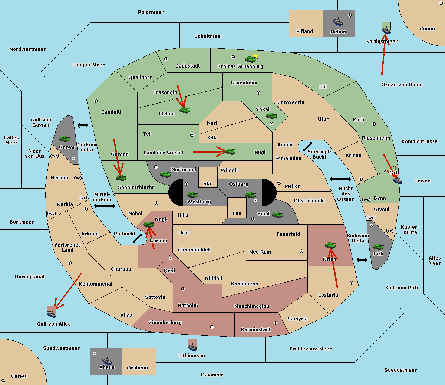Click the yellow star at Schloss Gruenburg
coord(256,56)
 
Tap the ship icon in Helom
coord(338,22)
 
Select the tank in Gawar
coord(65,138)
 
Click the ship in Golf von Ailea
coord(52,313)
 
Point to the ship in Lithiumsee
coord(192,347)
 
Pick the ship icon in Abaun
coord(107,361)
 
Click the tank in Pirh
coord(378,247)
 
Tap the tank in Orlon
coord(330,245)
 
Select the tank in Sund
coord(277,215)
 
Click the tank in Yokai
coord(271,116)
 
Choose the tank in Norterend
coord(165,174)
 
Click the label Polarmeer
coord(151,12)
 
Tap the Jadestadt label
coord(188,66)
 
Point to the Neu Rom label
coord(260,252)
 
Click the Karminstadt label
coord(256,329)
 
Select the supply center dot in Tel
coord(192,135)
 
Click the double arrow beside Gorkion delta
coord(83,125)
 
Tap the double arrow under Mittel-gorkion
coord(105,206)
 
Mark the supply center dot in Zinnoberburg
coord(212,327)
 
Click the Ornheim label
coord(137,368)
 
